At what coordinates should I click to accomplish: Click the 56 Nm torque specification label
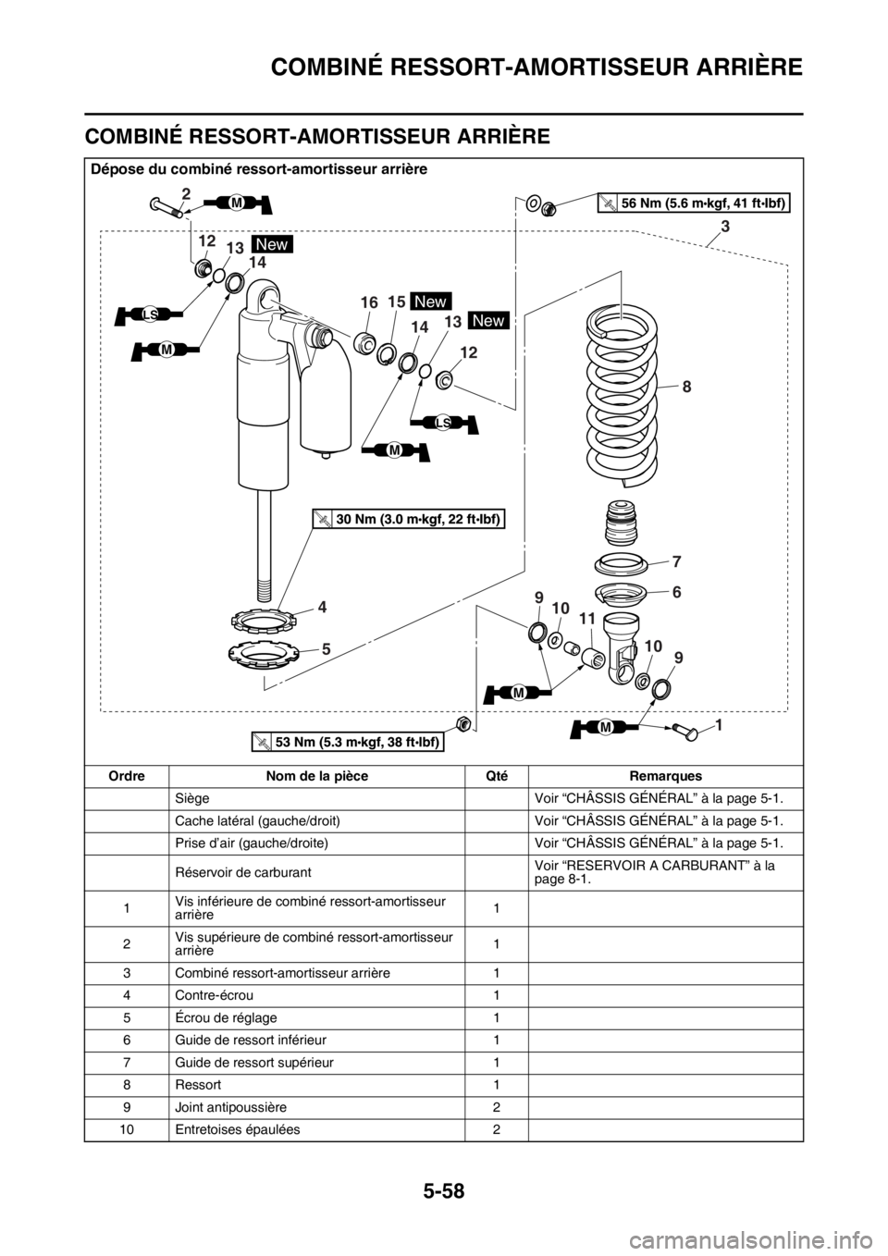click(694, 203)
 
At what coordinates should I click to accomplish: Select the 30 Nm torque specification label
click(409, 519)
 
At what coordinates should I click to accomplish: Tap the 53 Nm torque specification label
click(348, 742)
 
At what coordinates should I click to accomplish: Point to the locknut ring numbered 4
click(264, 620)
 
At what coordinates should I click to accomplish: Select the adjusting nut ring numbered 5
click(263, 653)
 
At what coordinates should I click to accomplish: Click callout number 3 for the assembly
click(725, 227)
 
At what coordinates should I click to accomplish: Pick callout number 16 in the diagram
click(369, 302)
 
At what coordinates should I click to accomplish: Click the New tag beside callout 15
click(430, 302)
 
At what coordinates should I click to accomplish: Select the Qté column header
click(496, 775)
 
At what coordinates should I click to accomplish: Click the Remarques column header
click(665, 775)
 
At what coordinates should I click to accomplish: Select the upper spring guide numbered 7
click(621, 561)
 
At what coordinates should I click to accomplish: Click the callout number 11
click(586, 619)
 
